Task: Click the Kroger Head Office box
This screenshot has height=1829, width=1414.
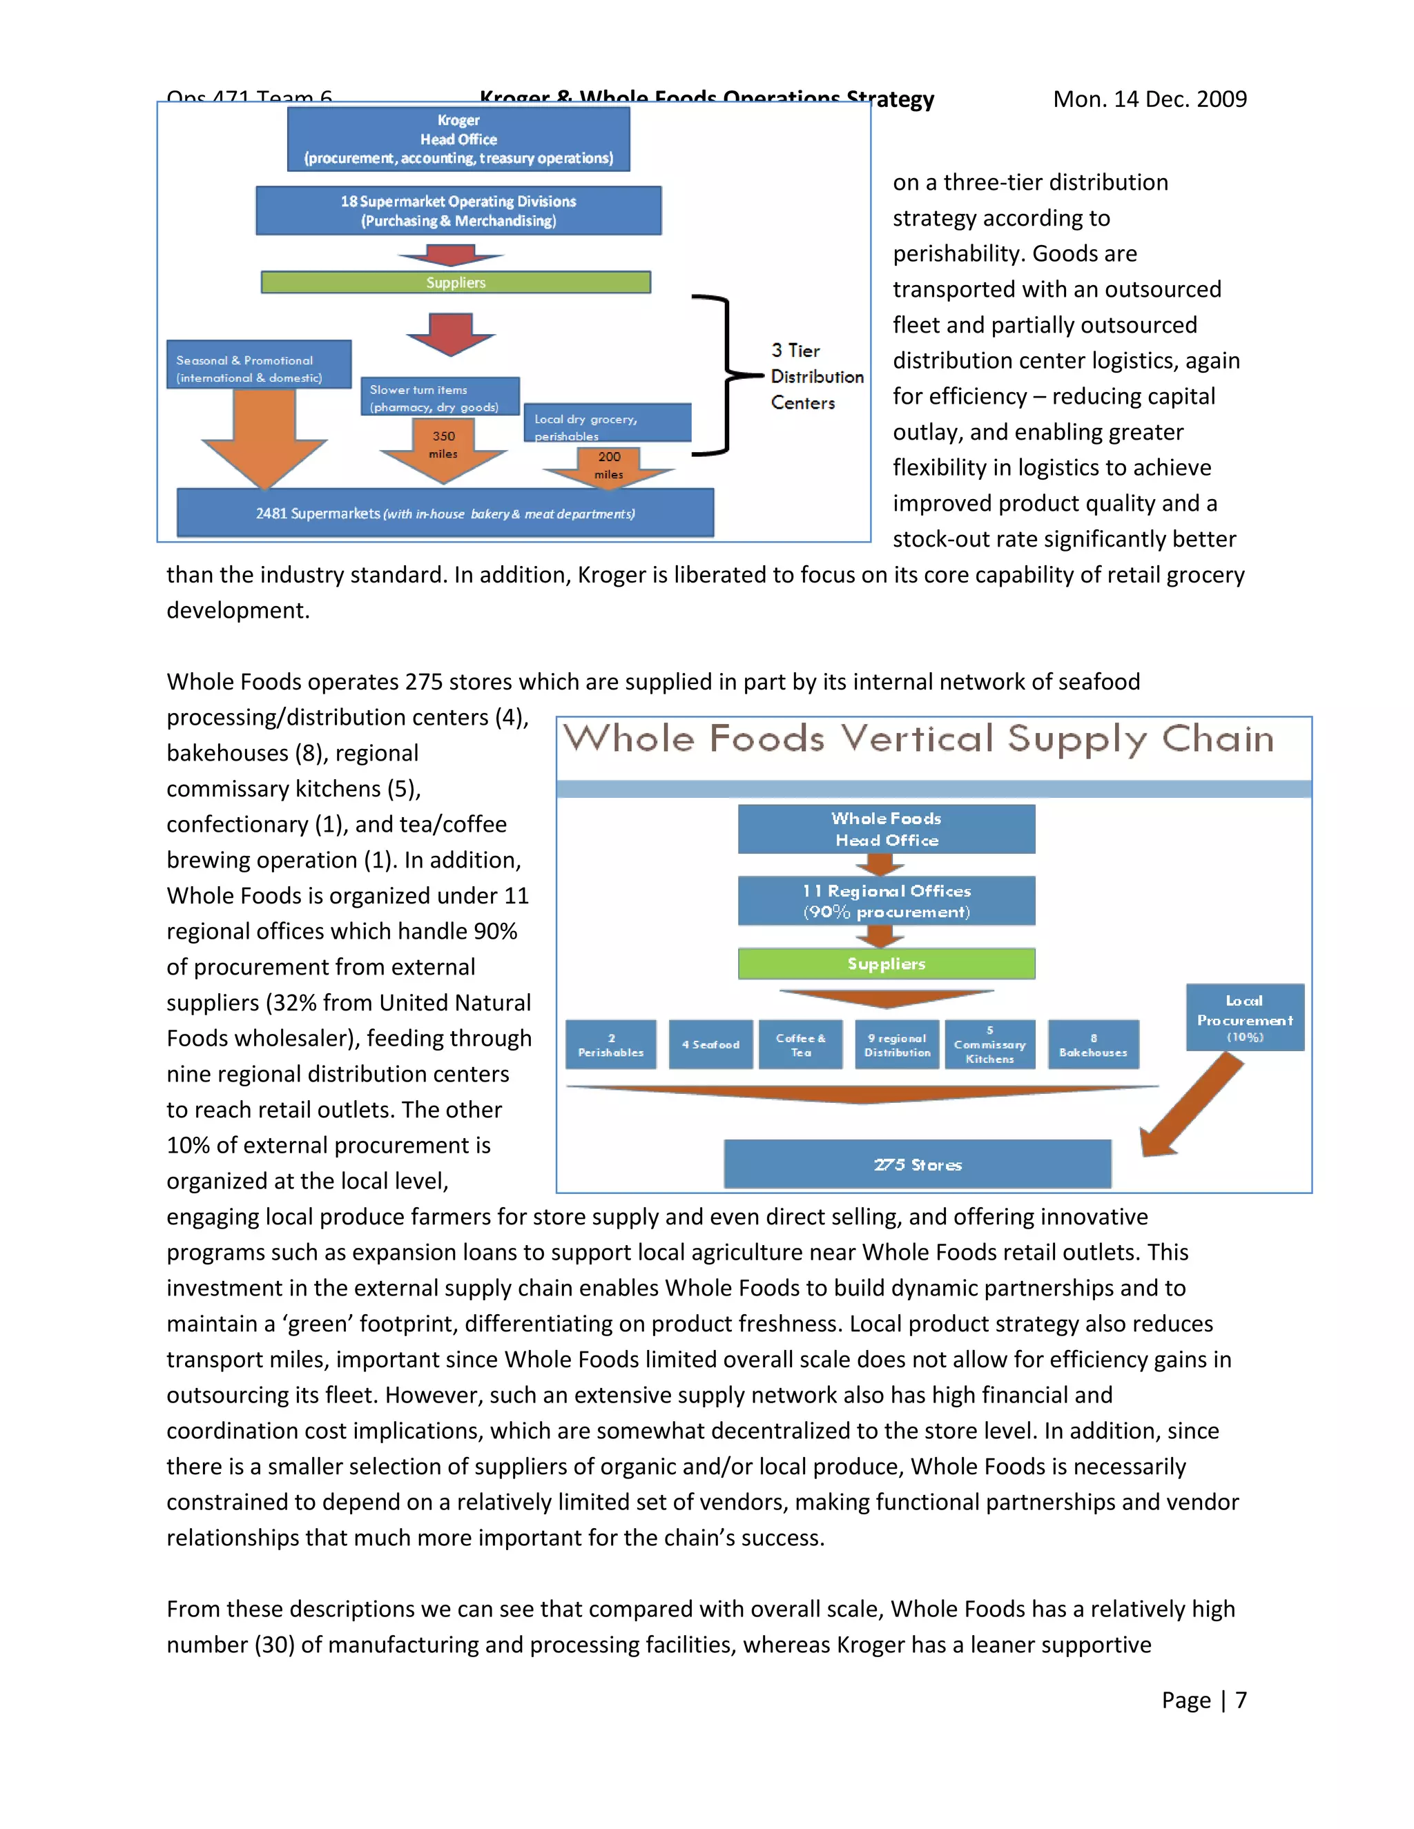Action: point(458,139)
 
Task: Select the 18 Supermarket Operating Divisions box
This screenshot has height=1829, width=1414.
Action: point(458,211)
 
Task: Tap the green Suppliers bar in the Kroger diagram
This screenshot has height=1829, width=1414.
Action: point(456,282)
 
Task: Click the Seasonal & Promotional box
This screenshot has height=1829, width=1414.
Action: point(258,364)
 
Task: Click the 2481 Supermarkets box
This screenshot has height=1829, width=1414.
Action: point(445,513)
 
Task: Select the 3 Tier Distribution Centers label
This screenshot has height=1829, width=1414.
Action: point(816,377)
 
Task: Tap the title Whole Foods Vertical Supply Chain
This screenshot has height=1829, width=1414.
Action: point(918,739)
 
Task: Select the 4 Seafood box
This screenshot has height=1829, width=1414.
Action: point(710,1044)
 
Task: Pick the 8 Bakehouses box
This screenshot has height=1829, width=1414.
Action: point(1093,1044)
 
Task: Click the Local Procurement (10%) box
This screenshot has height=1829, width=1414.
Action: point(1245,1017)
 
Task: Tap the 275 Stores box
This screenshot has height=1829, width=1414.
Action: point(918,1164)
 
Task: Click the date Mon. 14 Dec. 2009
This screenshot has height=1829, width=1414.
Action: point(1150,99)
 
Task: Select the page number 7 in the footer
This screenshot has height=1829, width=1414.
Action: point(1241,1700)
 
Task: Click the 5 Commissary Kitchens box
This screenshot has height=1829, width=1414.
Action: point(989,1044)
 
